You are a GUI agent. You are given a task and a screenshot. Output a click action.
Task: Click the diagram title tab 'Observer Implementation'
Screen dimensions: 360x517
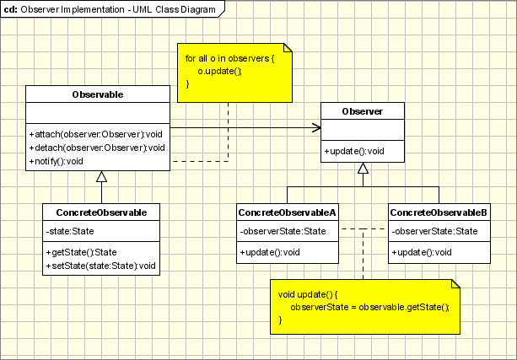click(113, 9)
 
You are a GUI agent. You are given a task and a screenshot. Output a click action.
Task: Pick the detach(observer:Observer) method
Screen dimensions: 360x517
click(96, 148)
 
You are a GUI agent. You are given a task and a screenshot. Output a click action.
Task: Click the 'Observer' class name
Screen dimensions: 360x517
click(363, 111)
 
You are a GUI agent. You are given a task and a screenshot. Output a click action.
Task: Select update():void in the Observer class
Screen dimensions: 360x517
click(354, 151)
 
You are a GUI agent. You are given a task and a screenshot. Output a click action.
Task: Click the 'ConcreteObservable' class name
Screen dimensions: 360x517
click(101, 212)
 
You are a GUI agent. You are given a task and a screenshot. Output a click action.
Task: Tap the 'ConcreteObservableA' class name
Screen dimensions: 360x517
click(287, 212)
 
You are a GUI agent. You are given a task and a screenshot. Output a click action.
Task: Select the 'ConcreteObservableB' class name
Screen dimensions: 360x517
click(439, 212)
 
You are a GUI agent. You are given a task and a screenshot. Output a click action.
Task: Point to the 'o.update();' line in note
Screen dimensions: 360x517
click(219, 71)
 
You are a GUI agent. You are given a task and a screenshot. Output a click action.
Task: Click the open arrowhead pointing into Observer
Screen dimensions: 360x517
click(316, 128)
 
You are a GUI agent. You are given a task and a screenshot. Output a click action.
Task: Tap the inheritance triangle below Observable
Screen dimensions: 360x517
click(101, 176)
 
